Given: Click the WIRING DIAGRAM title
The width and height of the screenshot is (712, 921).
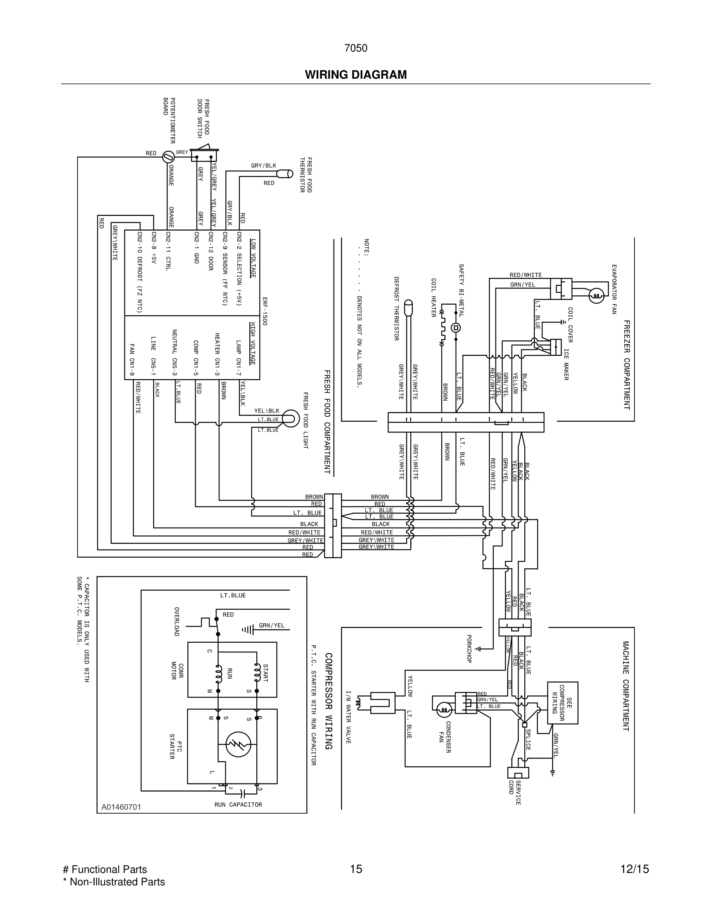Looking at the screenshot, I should tap(356, 75).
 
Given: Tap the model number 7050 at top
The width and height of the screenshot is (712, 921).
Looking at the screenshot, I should tap(356, 48).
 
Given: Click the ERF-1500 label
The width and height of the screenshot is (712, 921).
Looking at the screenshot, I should tap(264, 311).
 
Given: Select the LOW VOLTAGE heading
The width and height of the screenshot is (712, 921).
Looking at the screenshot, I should tap(253, 258).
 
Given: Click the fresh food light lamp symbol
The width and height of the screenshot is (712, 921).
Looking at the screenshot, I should tap(290, 419).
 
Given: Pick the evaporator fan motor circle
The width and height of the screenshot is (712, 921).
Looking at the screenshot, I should tap(596, 296).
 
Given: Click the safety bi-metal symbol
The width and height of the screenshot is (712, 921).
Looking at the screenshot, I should tap(456, 328).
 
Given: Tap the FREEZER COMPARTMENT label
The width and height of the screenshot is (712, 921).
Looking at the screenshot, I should tap(626, 365).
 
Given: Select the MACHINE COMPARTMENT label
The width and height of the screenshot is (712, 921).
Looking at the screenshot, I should tap(626, 686).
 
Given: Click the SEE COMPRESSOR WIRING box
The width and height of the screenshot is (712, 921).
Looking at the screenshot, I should tap(562, 702).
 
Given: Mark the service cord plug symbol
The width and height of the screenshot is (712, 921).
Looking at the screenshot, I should tap(518, 773).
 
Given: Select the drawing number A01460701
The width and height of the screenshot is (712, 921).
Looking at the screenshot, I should tap(121, 807).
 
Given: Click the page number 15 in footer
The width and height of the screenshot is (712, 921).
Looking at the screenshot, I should tap(356, 869).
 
